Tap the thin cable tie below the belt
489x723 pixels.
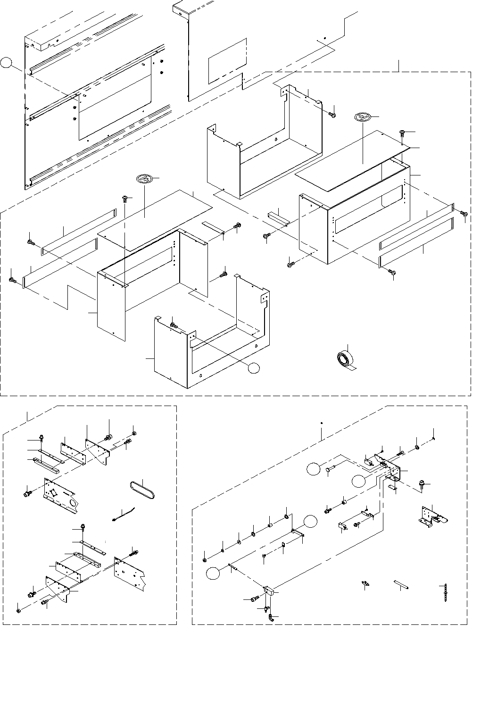[x=124, y=513]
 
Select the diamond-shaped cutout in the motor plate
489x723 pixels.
[x=54, y=493]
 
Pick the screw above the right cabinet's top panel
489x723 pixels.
[x=402, y=133]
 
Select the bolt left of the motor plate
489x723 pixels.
[x=26, y=493]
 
